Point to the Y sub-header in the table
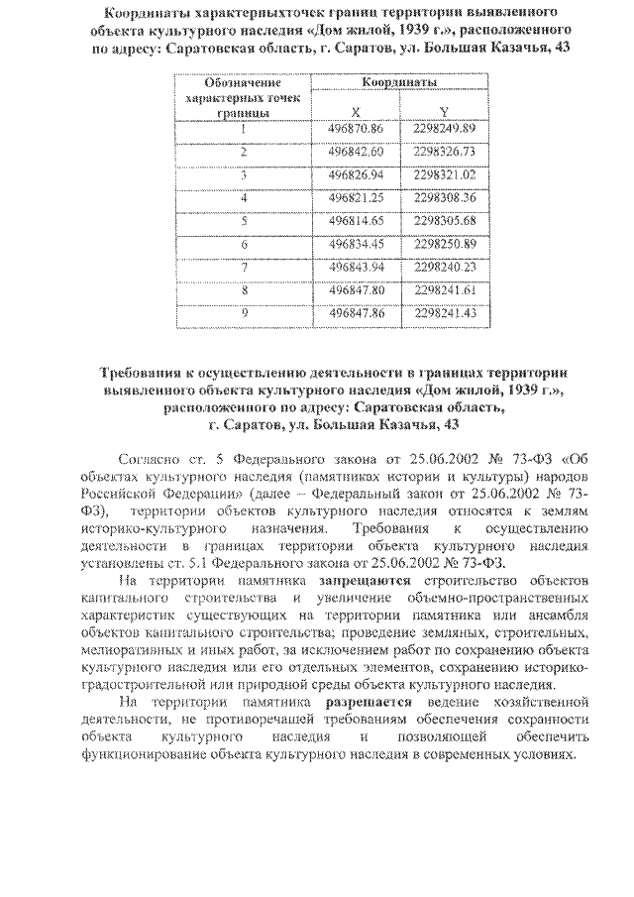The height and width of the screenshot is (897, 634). [x=445, y=110]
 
